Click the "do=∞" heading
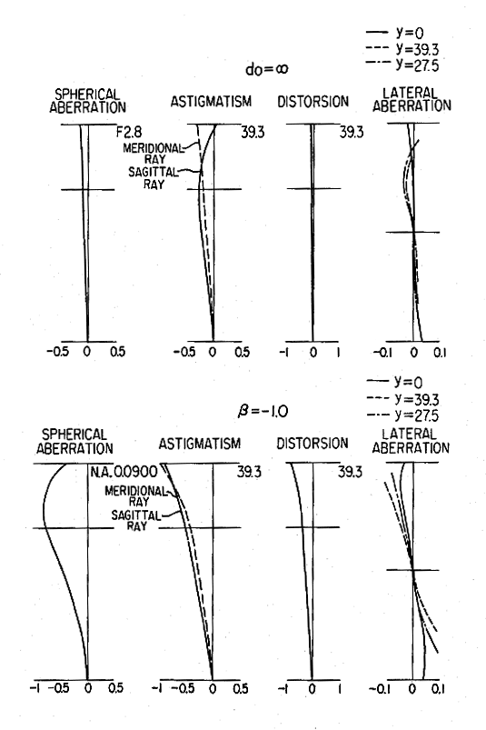pos(266,69)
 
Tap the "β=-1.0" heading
pos(263,411)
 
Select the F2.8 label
pos(129,133)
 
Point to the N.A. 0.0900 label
pos(124,472)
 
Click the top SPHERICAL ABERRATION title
pos(87,101)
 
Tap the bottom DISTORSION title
pos(312,444)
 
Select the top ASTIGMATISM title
pos(211,102)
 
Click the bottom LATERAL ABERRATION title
pos(411,441)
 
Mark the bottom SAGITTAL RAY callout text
pos(135,521)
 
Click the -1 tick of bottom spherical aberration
pos(35,688)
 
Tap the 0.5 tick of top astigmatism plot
pos(242,352)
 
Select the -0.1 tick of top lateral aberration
pos(382,353)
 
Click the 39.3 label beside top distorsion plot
pos(352,133)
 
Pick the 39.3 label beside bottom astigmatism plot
pos(249,472)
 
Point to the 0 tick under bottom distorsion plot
pos(312,688)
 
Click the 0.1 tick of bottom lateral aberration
pos(438,688)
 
